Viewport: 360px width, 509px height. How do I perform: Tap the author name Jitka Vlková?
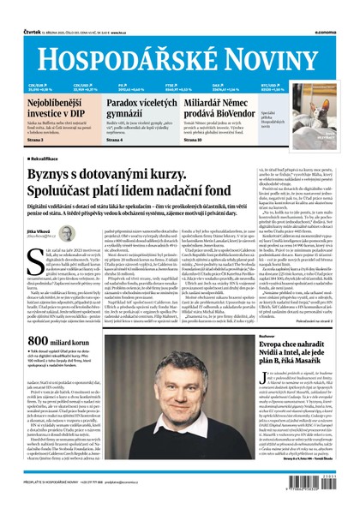(39, 231)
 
